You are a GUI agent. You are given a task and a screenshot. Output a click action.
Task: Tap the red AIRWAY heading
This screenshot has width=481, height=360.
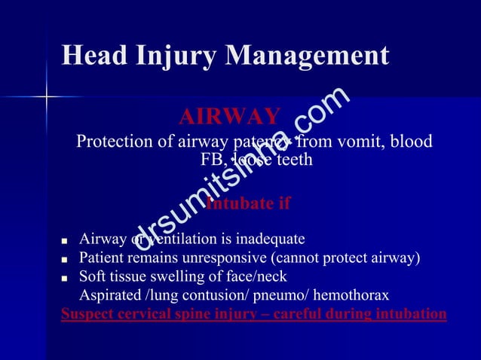click(229, 117)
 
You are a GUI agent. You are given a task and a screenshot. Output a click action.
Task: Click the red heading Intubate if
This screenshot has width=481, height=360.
click(248, 204)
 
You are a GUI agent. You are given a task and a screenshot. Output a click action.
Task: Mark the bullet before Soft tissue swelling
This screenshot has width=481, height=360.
click(66, 277)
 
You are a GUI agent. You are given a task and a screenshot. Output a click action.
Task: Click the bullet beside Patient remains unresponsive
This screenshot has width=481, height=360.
click(66, 259)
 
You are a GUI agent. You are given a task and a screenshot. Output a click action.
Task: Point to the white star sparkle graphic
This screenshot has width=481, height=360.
click(47, 96)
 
